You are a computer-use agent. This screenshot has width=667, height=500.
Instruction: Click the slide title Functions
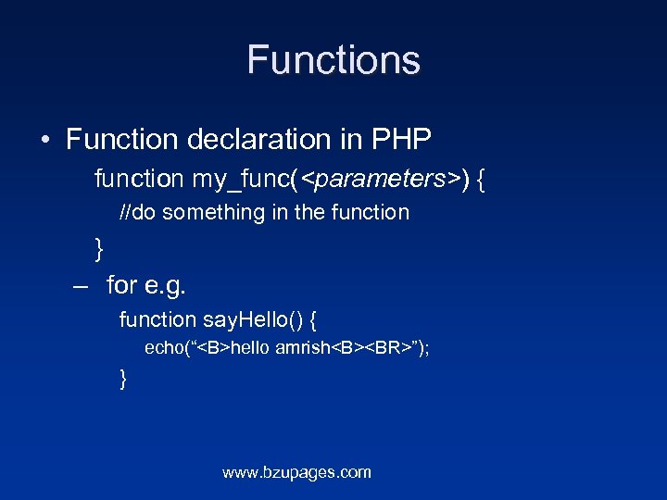point(333,61)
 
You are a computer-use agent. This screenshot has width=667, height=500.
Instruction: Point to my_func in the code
point(242,178)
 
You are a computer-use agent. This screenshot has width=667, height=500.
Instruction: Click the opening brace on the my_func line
point(482,179)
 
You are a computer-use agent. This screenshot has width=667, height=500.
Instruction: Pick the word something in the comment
point(215,213)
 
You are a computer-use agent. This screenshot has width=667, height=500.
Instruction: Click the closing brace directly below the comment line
point(99,248)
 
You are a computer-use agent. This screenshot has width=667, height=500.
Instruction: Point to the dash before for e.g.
point(81,285)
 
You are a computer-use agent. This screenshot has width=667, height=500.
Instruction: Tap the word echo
point(165,349)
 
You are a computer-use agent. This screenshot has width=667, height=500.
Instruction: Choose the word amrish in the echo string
point(302,349)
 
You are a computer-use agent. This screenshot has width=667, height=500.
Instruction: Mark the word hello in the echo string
point(250,349)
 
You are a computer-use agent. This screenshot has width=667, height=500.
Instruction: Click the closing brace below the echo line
point(123,379)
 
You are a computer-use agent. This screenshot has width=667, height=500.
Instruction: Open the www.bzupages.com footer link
point(296,472)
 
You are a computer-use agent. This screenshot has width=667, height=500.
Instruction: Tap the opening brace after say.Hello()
point(314,321)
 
